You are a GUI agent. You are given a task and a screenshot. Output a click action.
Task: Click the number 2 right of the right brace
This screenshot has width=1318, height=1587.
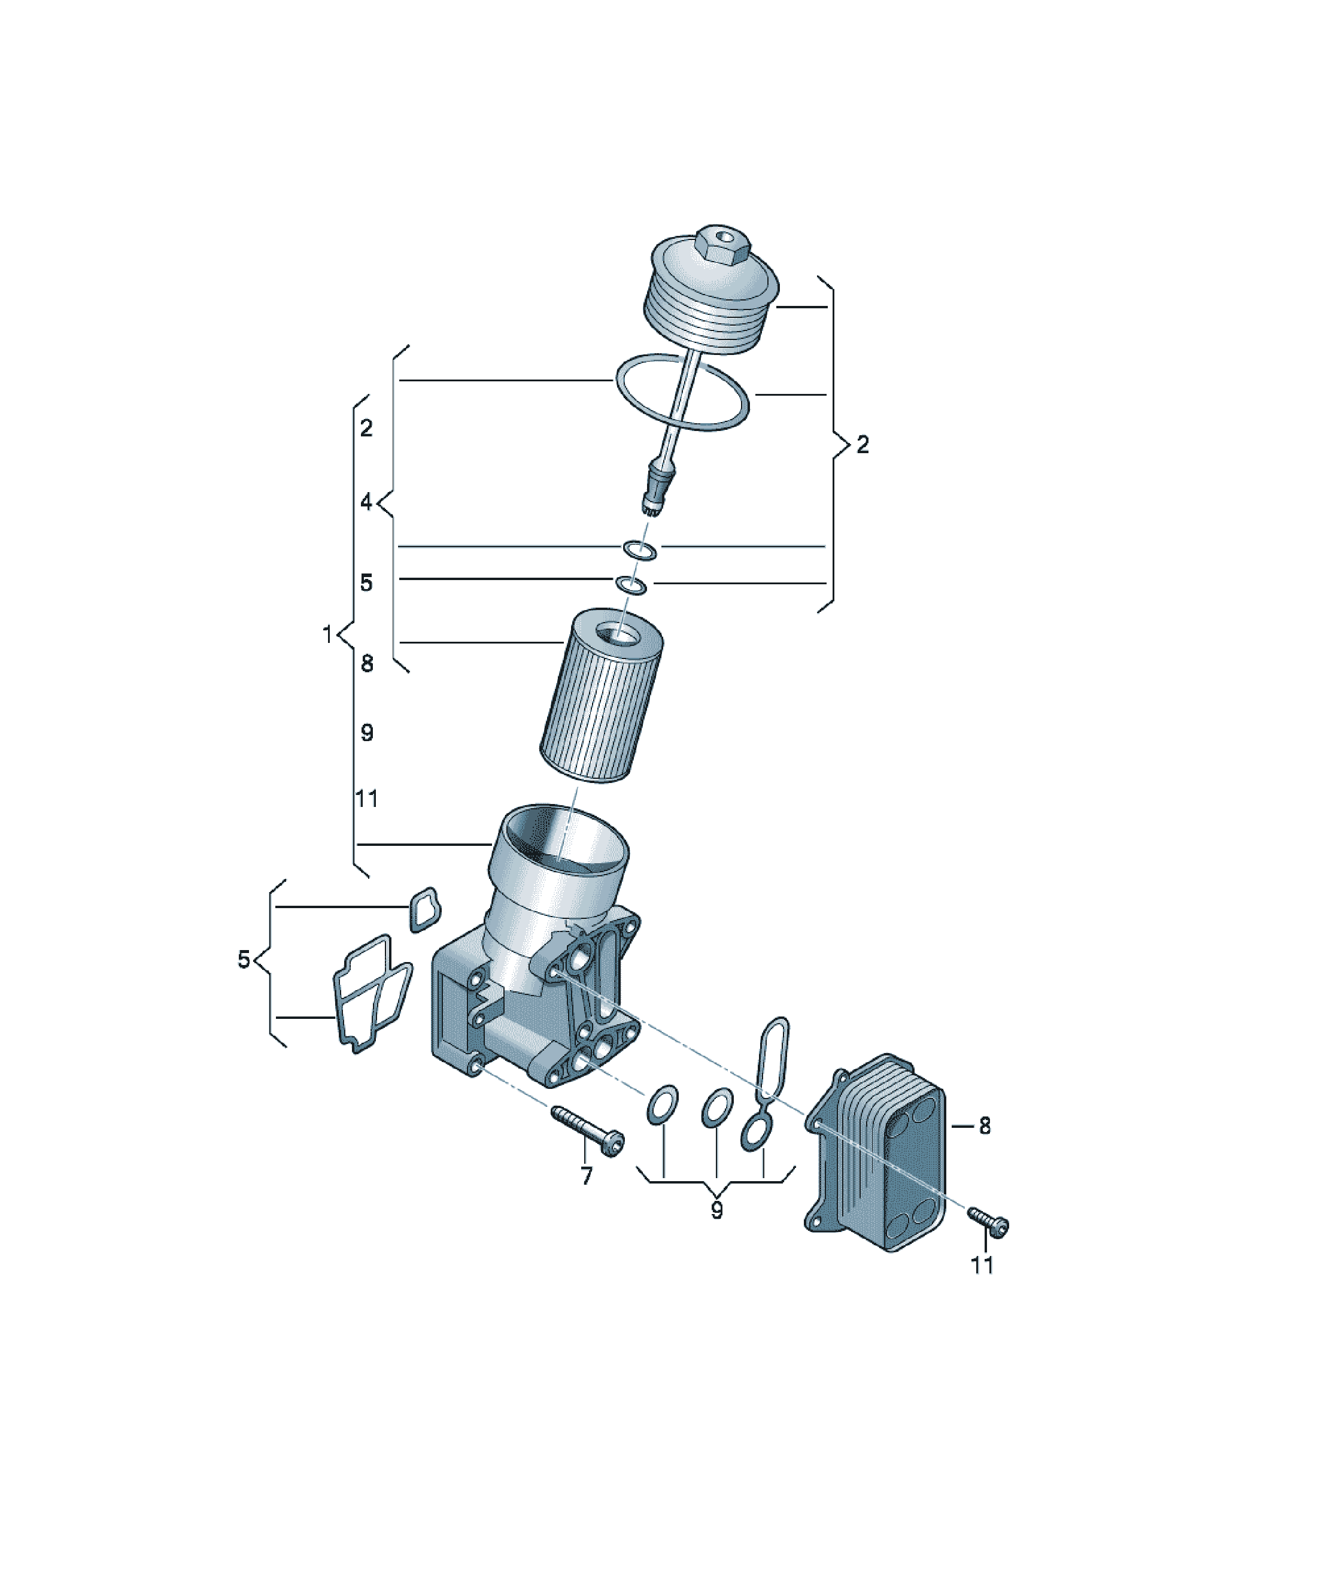click(x=863, y=445)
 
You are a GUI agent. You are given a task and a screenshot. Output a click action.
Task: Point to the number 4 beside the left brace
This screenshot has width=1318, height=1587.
click(x=366, y=501)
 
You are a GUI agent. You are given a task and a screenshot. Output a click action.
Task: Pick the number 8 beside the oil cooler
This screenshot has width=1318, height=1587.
click(x=984, y=1126)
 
